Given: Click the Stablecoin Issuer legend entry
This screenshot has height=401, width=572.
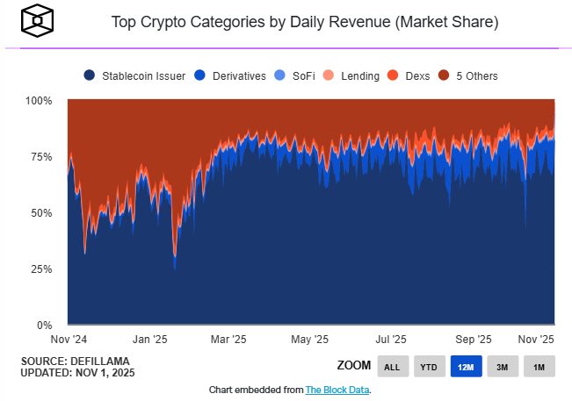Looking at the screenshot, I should [135, 76].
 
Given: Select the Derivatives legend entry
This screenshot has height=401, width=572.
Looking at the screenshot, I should [232, 76].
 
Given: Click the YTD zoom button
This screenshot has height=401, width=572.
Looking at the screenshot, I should [429, 366].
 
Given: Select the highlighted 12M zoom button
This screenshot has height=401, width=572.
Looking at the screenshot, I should [466, 366].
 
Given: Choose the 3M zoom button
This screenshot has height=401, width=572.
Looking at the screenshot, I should [502, 366].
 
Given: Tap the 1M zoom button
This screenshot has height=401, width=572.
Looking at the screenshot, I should [539, 366].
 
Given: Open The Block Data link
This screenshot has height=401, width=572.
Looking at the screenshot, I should [337, 390].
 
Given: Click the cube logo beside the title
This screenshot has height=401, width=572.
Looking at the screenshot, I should [37, 19].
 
